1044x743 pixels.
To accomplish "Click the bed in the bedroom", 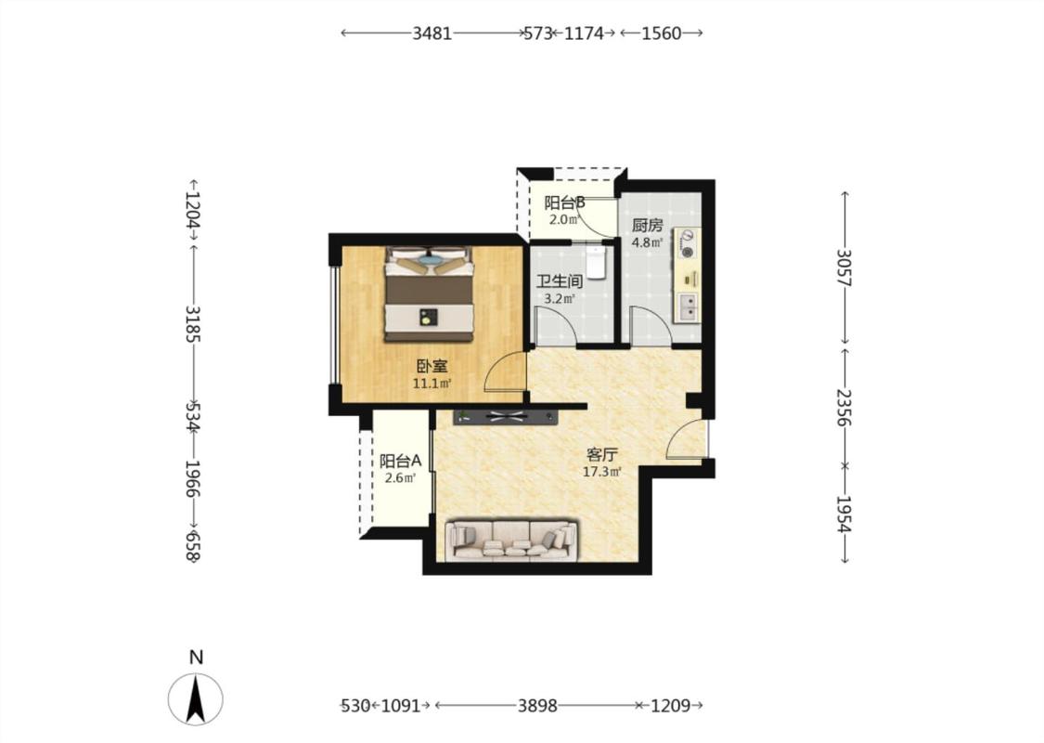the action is (429, 293).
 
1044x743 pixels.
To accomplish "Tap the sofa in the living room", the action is (511, 539).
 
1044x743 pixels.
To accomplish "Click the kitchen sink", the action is (688, 307).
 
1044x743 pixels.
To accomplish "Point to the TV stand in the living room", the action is (506, 417).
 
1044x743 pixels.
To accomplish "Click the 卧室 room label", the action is (432, 366).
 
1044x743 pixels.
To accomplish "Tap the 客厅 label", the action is (602, 455).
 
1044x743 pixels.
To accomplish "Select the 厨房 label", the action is (647, 226).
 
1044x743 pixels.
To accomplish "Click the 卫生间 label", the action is (560, 281).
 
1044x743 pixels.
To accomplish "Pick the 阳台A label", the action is (400, 461).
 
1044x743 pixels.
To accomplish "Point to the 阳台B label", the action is (564, 202).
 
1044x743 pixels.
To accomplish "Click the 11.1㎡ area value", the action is (432, 384).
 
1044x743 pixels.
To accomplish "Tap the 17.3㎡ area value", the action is (602, 473).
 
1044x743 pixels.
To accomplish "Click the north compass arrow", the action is (195, 699).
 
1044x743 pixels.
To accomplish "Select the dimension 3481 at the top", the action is (432, 33).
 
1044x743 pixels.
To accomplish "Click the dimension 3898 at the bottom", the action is (537, 705).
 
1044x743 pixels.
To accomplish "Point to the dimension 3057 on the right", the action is (844, 267).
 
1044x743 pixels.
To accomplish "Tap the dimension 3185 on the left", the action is (193, 324).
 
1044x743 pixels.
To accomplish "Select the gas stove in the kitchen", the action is (687, 243).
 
